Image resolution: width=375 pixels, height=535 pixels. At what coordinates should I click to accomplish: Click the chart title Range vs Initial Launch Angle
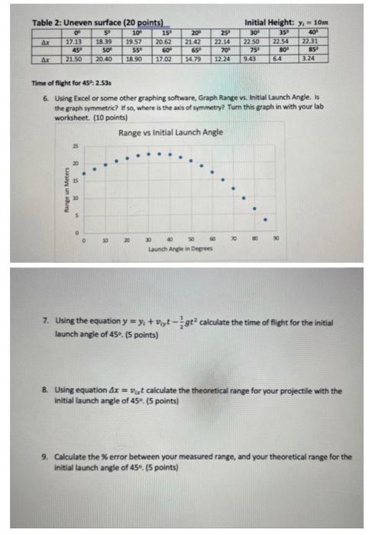tap(171, 131)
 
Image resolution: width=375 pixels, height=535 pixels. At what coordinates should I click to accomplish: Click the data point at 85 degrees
tap(266, 220)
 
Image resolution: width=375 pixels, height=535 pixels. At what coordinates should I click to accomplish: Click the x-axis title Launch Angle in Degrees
tap(180, 248)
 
